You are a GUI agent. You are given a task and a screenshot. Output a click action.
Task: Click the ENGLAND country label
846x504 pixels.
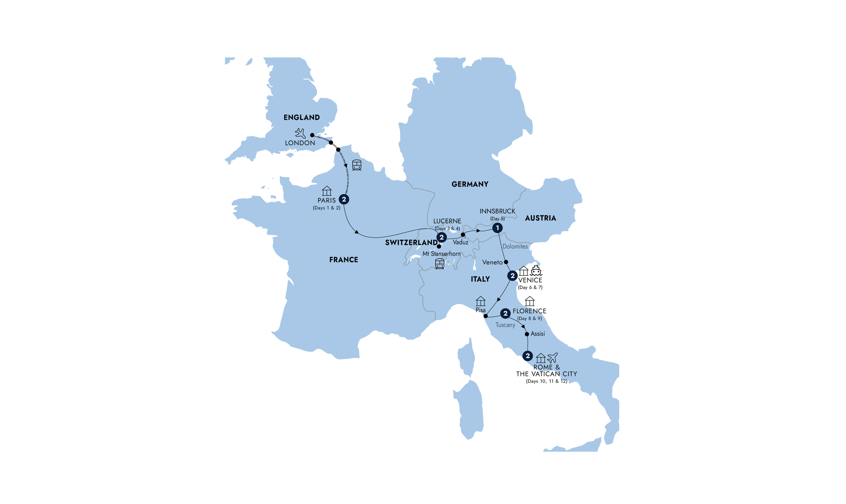[302, 118]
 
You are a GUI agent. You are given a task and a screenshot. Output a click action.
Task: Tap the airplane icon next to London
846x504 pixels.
[300, 133]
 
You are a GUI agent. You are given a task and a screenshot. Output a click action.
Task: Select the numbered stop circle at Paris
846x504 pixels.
[344, 199]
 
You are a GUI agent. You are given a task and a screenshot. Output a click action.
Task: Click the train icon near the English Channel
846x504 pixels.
[356, 165]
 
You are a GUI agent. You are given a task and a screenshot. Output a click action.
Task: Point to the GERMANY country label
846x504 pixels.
[470, 184]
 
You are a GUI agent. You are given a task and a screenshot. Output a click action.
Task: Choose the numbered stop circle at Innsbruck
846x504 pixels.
[497, 228]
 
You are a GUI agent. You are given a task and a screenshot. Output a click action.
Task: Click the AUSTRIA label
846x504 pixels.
[540, 218]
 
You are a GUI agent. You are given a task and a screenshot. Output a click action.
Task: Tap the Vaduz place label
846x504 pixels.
[460, 243]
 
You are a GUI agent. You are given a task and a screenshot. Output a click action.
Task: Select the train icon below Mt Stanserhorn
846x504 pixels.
[440, 264]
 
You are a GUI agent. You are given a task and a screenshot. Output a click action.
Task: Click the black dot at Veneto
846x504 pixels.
[506, 262]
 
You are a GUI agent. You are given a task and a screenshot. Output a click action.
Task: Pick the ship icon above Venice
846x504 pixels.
[536, 271]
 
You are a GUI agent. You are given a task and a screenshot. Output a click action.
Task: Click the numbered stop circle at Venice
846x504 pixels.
[512, 276]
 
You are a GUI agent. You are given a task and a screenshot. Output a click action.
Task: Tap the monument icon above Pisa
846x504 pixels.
[480, 301]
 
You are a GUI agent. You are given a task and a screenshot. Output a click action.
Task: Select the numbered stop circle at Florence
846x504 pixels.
[505, 313]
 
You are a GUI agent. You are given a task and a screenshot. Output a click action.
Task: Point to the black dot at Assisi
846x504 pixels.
[527, 334]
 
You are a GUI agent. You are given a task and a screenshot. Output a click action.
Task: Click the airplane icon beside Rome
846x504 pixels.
[552, 358]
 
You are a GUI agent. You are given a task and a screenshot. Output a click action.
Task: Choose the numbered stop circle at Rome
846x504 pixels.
[527, 356]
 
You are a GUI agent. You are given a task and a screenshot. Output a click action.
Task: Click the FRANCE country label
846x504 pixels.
[344, 260]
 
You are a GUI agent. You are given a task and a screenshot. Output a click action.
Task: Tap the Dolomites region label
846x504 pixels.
[515, 246]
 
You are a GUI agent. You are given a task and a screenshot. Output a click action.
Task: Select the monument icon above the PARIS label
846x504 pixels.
[327, 191]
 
